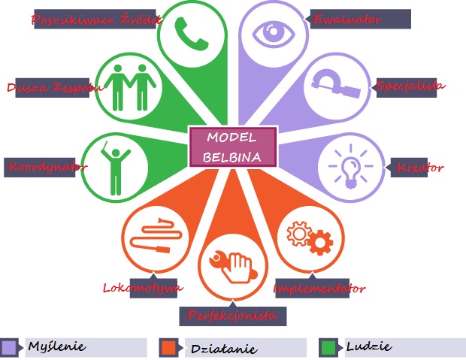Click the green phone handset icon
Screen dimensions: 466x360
pos(190,34)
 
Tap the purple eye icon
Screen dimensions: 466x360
pos(274,33)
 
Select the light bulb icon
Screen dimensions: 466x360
pos(351,167)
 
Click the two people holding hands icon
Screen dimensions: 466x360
pos(130,87)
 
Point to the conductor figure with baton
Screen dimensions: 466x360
pos(115,168)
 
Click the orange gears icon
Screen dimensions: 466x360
pos(310,237)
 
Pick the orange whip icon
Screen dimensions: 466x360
pos(156,235)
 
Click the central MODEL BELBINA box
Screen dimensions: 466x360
pos(233,147)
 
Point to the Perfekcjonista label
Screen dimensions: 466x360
pos(233,316)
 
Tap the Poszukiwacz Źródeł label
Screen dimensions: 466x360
pos(95,19)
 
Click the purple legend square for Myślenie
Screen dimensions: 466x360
pos(9,347)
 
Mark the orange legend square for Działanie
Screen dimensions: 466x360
pos(169,347)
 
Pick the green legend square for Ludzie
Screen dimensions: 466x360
pos(328,347)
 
